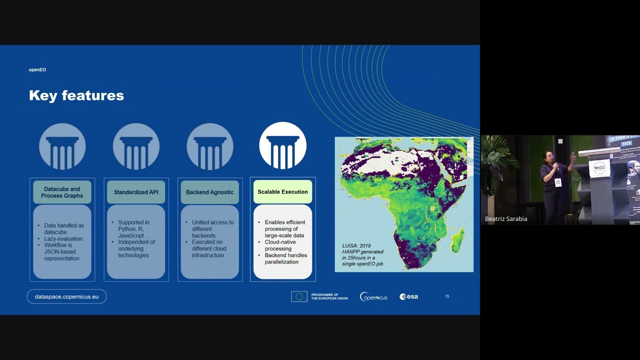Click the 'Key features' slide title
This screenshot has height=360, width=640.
point(76,95)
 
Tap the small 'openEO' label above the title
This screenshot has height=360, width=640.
point(37,70)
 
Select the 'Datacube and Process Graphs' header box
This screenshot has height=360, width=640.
point(62,192)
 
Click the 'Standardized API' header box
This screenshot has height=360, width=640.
point(136,192)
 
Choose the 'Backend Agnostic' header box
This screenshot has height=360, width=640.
point(209,192)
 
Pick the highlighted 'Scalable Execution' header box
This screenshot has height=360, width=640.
point(282,192)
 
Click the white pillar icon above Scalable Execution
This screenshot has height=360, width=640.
point(282,145)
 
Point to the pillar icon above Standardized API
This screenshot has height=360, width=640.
point(136,146)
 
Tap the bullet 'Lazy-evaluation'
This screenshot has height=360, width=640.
point(63,238)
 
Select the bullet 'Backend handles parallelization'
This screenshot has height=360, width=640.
point(285,258)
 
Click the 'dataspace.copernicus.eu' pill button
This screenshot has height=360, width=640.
point(66,296)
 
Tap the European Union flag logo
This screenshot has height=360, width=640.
point(299,296)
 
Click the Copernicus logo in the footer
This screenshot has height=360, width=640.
point(373,296)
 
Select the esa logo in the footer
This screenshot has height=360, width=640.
point(408,296)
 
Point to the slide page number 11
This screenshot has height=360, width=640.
point(447,296)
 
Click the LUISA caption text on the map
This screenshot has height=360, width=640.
point(363,254)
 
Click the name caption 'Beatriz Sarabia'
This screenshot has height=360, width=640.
point(506,219)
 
